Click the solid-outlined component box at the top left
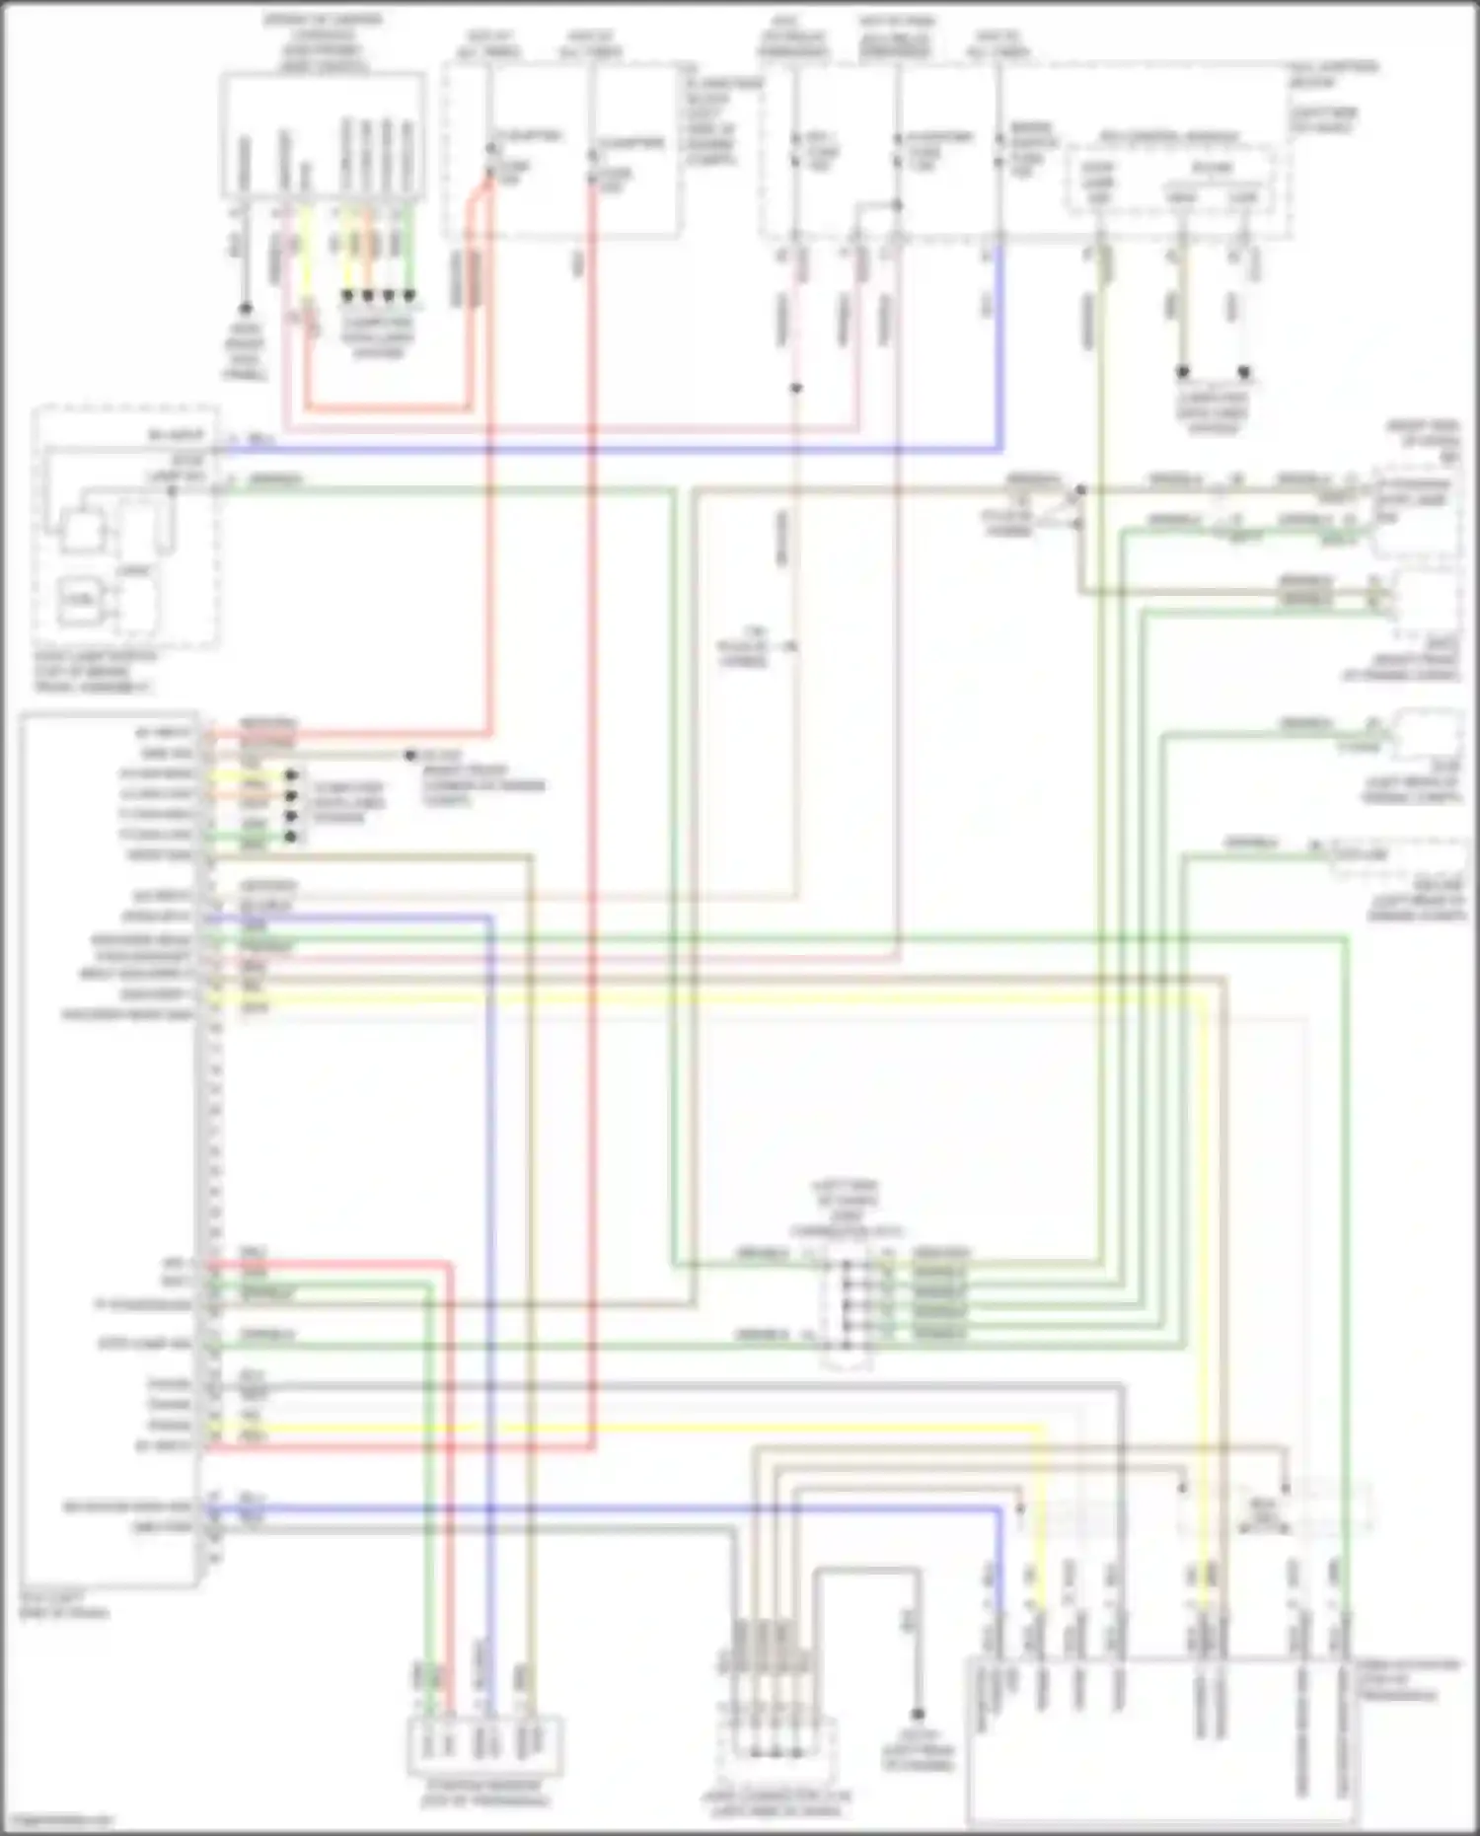[322, 138]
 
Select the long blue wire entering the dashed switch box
[612, 450]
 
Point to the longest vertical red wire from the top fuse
[592, 789]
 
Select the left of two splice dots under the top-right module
[1182, 373]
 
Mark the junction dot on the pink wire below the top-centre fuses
[796, 389]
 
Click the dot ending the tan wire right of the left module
[409, 756]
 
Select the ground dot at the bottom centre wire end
[918, 1715]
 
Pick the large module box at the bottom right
[1164, 1741]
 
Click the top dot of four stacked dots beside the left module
[291, 775]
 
